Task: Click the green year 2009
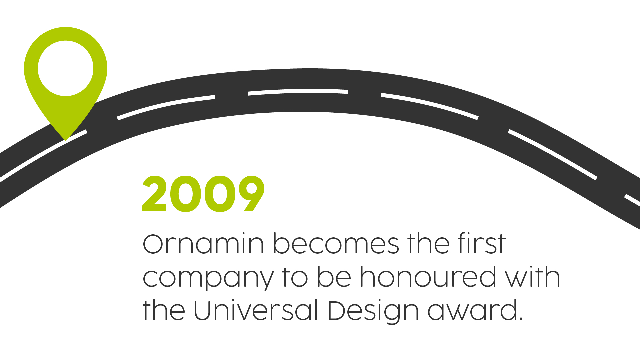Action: pos(203,194)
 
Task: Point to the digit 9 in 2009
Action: pos(252,194)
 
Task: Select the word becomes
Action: pos(336,244)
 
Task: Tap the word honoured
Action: pos(428,277)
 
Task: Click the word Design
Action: pos(373,311)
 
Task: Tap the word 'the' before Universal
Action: pos(164,310)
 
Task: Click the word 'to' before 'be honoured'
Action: pos(295,277)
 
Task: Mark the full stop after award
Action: pos(521,319)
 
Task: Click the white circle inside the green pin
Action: pos(65,68)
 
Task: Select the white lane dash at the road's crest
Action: pos(298,91)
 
